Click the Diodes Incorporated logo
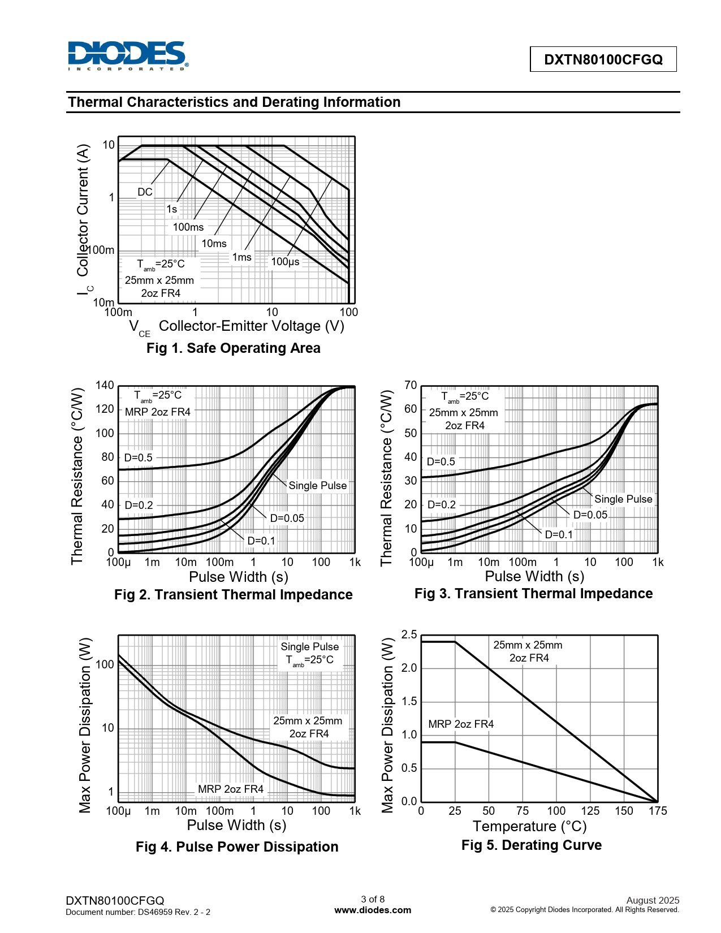[128, 55]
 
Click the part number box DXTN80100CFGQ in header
[603, 59]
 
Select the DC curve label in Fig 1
[145, 192]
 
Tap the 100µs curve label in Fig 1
[285, 262]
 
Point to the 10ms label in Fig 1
[214, 244]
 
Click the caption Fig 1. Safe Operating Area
[233, 348]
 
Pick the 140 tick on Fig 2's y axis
[105, 386]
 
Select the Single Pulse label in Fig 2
[317, 486]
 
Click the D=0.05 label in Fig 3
[590, 515]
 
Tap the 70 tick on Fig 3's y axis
[411, 386]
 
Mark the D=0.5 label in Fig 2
[139, 457]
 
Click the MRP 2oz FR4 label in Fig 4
[231, 789]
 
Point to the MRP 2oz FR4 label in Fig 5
[461, 724]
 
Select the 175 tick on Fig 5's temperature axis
[658, 811]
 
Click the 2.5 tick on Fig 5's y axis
[409, 635]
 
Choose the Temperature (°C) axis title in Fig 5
[530, 827]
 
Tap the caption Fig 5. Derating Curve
[532, 845]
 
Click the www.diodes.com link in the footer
[373, 910]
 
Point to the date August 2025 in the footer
[653, 900]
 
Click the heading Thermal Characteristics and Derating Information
[234, 102]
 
